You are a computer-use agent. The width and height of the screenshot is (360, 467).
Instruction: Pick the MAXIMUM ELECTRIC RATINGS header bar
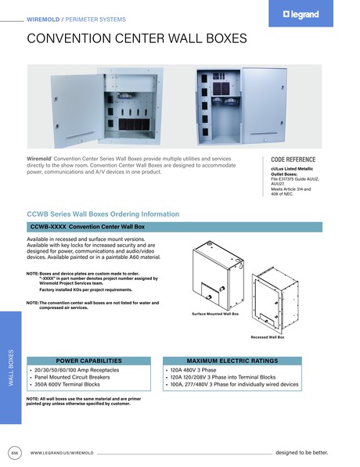pyautogui.click(x=232, y=361)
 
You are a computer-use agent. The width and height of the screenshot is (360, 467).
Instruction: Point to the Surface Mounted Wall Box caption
pyautogui.click(x=214, y=313)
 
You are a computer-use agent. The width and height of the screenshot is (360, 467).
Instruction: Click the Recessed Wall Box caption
pyautogui.click(x=268, y=336)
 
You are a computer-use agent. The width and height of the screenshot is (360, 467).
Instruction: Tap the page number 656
pyautogui.click(x=14, y=452)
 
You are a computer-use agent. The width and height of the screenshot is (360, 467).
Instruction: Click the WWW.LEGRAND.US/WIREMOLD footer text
pyautogui.click(x=62, y=453)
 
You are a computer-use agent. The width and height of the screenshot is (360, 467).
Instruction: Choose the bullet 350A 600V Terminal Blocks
pyautogui.click(x=67, y=385)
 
